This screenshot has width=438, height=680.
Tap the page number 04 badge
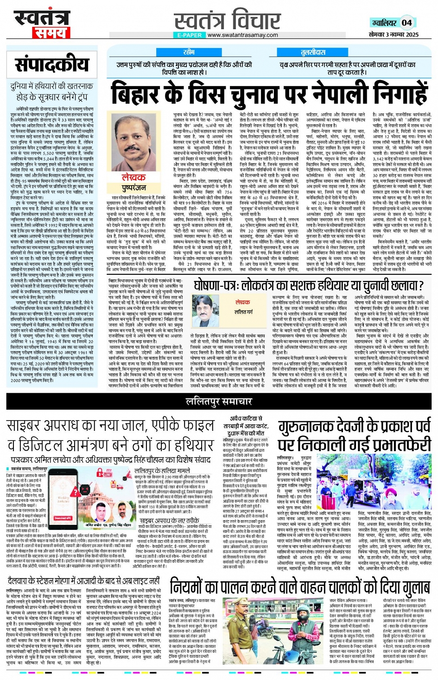[x=406, y=23]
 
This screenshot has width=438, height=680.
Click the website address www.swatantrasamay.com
[x=242, y=35]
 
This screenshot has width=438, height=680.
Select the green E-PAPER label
[x=189, y=35]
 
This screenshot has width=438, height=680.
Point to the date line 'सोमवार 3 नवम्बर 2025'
[x=394, y=35]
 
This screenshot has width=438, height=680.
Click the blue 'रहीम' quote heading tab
[x=189, y=52]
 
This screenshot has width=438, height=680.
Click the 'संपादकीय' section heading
[x=51, y=65]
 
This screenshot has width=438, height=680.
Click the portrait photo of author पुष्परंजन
[x=133, y=141]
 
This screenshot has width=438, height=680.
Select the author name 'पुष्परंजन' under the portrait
[x=133, y=188]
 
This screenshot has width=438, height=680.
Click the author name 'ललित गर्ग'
[x=243, y=312]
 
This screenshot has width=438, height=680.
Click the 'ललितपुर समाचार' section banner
[x=219, y=402]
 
